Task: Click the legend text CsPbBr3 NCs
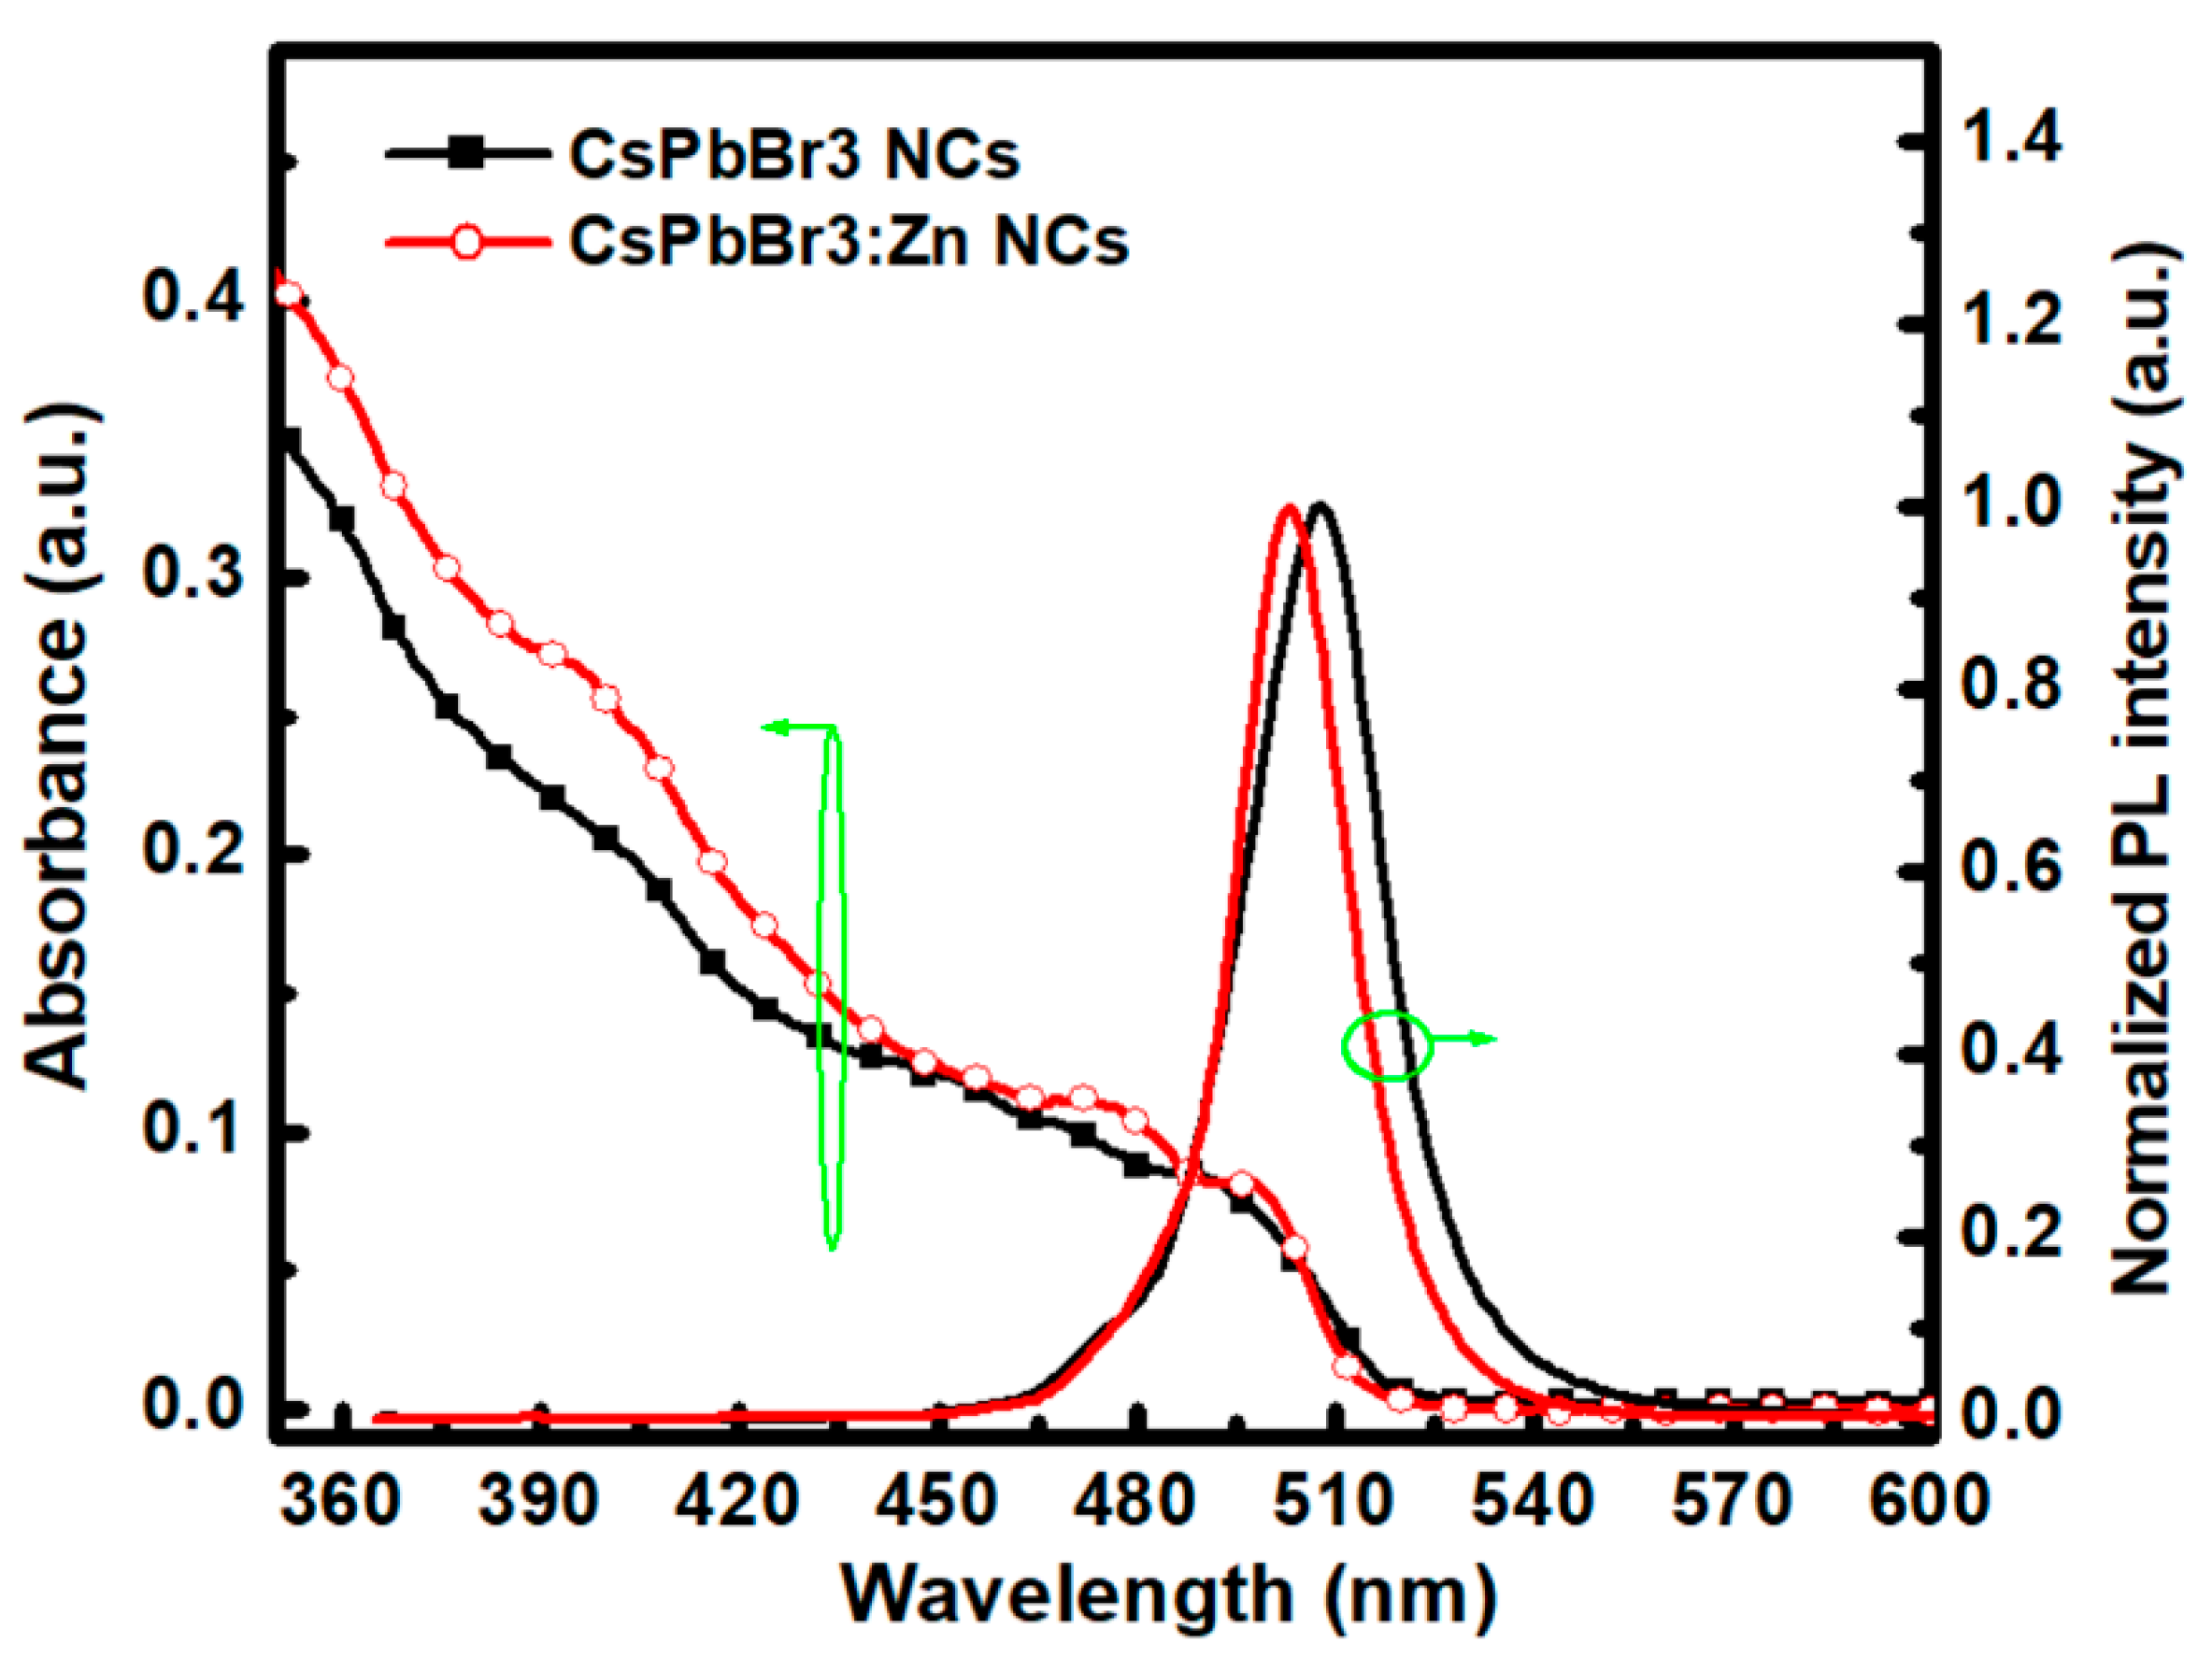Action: click(x=794, y=157)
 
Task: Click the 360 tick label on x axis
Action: click(x=340, y=1501)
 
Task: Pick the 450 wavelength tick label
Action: click(x=936, y=1501)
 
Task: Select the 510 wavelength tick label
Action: click(x=1333, y=1501)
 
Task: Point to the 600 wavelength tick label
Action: click(x=1928, y=1501)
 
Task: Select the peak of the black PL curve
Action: click(x=1320, y=505)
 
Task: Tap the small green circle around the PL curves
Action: click(x=1387, y=1046)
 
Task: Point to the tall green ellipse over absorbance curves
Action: click(x=832, y=984)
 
